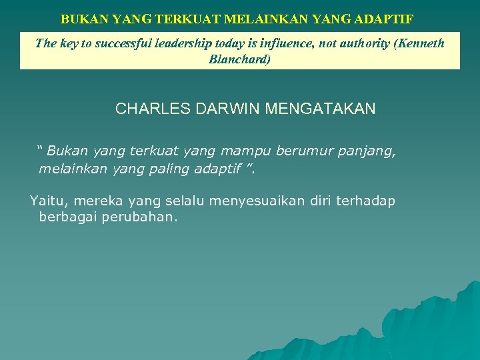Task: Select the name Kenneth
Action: [x=421, y=44]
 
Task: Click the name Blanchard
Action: [x=240, y=59]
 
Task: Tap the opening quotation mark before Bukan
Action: [x=41, y=147]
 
